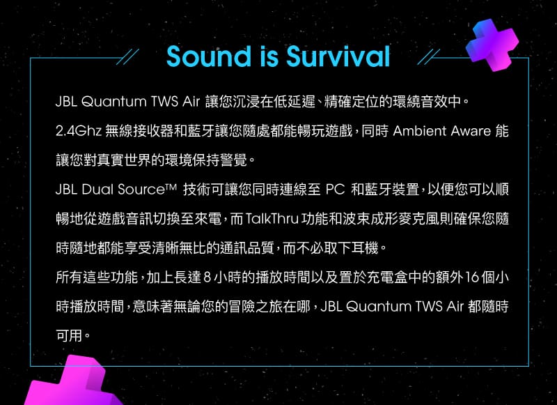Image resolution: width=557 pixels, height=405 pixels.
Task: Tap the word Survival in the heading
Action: (338, 56)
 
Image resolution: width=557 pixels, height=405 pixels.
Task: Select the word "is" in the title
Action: (268, 56)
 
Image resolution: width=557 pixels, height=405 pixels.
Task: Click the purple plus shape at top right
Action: (492, 45)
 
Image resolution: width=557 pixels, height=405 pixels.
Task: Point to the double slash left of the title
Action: (127, 57)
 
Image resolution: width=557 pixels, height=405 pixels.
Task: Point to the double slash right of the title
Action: (428, 57)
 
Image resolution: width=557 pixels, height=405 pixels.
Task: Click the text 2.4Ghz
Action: (79, 132)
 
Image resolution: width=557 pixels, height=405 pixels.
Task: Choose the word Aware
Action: (471, 132)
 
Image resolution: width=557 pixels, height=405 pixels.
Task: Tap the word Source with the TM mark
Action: (147, 190)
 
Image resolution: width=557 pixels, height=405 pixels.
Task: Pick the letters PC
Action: (336, 190)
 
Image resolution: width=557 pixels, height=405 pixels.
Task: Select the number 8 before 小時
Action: (207, 277)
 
